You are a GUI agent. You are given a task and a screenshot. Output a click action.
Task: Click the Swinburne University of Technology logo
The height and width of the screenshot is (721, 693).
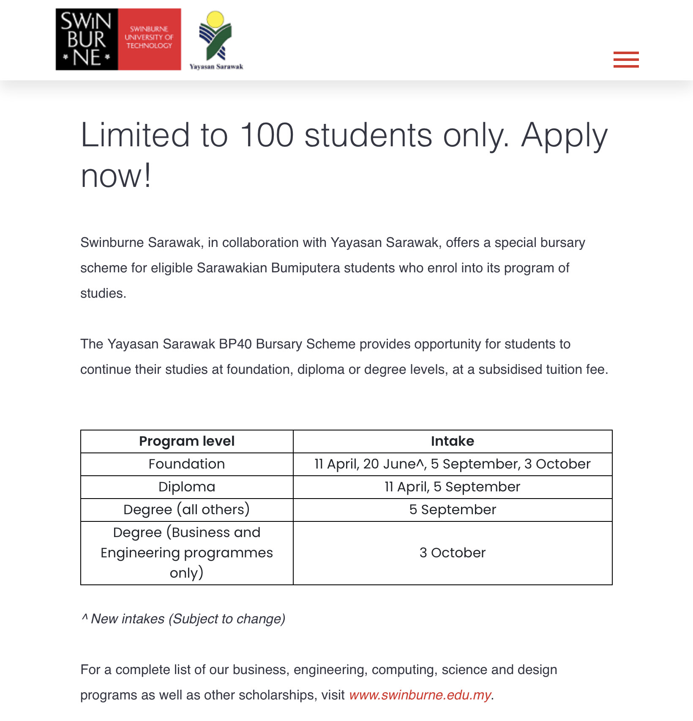[118, 39]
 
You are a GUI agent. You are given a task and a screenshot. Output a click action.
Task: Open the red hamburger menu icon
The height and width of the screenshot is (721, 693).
[626, 60]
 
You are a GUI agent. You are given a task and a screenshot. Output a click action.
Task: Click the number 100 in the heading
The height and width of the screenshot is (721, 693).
[267, 135]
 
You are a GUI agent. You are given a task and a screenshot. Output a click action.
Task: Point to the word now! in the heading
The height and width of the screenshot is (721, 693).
[116, 176]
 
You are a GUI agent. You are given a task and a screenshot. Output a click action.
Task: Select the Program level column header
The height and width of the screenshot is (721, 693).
[187, 441]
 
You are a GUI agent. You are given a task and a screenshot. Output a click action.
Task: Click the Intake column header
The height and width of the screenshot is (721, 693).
[452, 441]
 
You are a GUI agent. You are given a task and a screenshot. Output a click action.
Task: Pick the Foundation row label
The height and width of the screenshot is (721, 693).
[187, 464]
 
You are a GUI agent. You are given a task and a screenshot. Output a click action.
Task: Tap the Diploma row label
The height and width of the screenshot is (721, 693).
[187, 487]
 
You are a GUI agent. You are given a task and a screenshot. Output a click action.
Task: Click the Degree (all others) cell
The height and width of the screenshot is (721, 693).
[187, 510]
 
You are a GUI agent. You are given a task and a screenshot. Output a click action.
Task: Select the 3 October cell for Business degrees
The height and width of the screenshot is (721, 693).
[452, 553]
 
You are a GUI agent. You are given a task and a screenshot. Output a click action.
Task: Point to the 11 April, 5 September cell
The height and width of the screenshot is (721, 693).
[452, 487]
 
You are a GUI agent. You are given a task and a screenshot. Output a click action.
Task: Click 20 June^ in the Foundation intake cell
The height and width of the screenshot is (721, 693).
[394, 464]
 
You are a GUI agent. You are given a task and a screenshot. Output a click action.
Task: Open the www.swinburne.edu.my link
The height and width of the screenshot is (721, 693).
[420, 695]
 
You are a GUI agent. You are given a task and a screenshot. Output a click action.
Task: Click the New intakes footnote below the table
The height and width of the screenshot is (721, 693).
[183, 619]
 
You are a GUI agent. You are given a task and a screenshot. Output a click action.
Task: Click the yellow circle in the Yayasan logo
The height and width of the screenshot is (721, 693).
[216, 19]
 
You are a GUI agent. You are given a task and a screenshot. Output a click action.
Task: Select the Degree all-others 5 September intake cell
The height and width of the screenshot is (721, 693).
[452, 510]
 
